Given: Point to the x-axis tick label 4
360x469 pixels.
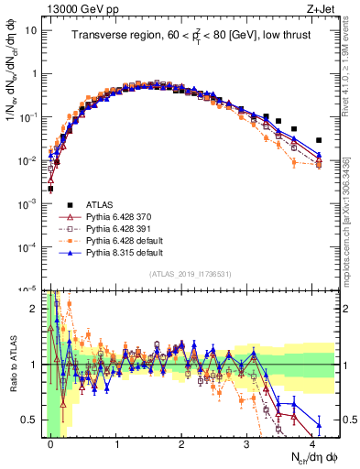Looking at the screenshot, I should point(312,443).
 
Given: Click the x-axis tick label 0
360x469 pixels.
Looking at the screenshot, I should point(50,443).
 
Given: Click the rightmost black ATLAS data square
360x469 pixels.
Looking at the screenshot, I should point(319,140).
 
